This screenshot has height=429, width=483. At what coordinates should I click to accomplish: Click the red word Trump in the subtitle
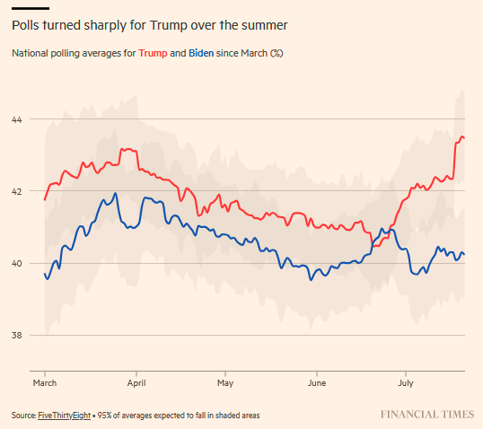[x=153, y=53]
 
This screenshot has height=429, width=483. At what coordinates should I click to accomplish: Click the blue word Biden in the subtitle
[x=201, y=53]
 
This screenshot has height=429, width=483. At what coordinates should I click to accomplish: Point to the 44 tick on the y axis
[x=17, y=119]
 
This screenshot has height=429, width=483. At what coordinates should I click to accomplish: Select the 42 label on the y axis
[x=17, y=191]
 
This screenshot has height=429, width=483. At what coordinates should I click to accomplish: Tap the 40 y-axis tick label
[x=17, y=263]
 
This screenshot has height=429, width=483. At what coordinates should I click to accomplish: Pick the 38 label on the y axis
[x=17, y=335]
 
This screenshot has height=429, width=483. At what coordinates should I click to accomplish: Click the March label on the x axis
[x=45, y=383]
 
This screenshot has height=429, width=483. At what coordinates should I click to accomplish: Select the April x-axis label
[x=136, y=383]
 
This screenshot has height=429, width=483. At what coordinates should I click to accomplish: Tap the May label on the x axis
[x=225, y=383]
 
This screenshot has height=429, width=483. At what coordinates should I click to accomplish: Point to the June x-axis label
[x=317, y=383]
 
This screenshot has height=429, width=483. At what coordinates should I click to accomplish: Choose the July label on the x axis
[x=406, y=383]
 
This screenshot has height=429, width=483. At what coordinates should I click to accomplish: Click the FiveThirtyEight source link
[x=64, y=416]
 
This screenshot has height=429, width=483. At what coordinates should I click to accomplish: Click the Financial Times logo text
[x=427, y=415]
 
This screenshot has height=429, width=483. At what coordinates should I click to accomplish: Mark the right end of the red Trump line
[x=464, y=138]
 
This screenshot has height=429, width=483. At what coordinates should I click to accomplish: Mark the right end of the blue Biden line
[x=464, y=254]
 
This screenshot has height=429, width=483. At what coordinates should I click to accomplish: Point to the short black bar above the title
[x=31, y=8]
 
